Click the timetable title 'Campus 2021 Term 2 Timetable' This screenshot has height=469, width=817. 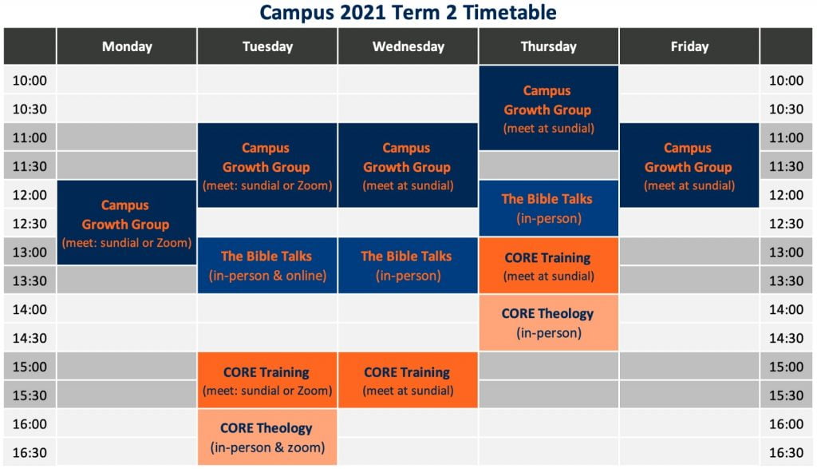[408, 13]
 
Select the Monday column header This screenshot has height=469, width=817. [127, 46]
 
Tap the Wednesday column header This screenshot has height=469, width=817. [408, 46]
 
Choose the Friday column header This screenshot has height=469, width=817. [689, 46]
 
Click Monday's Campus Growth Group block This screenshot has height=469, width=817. [127, 223]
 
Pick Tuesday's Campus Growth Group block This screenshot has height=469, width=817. [267, 165]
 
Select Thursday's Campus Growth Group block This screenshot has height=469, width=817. [549, 108]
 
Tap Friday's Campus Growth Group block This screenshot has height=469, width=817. [689, 165]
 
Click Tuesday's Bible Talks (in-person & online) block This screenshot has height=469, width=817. [267, 265]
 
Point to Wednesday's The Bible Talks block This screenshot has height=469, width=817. [408, 265]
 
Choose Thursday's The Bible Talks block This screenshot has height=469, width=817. [549, 209]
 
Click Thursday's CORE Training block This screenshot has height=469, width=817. [549, 265]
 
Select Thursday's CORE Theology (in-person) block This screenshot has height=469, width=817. [549, 323]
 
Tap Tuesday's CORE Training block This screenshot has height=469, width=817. [267, 380]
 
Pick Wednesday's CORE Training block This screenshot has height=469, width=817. [408, 380]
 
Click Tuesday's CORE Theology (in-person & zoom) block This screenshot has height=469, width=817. [267, 437]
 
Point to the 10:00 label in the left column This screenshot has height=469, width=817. [30, 81]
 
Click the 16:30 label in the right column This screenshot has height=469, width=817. [786, 452]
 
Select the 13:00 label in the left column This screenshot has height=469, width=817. [30, 252]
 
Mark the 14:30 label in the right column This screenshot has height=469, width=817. [786, 338]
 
